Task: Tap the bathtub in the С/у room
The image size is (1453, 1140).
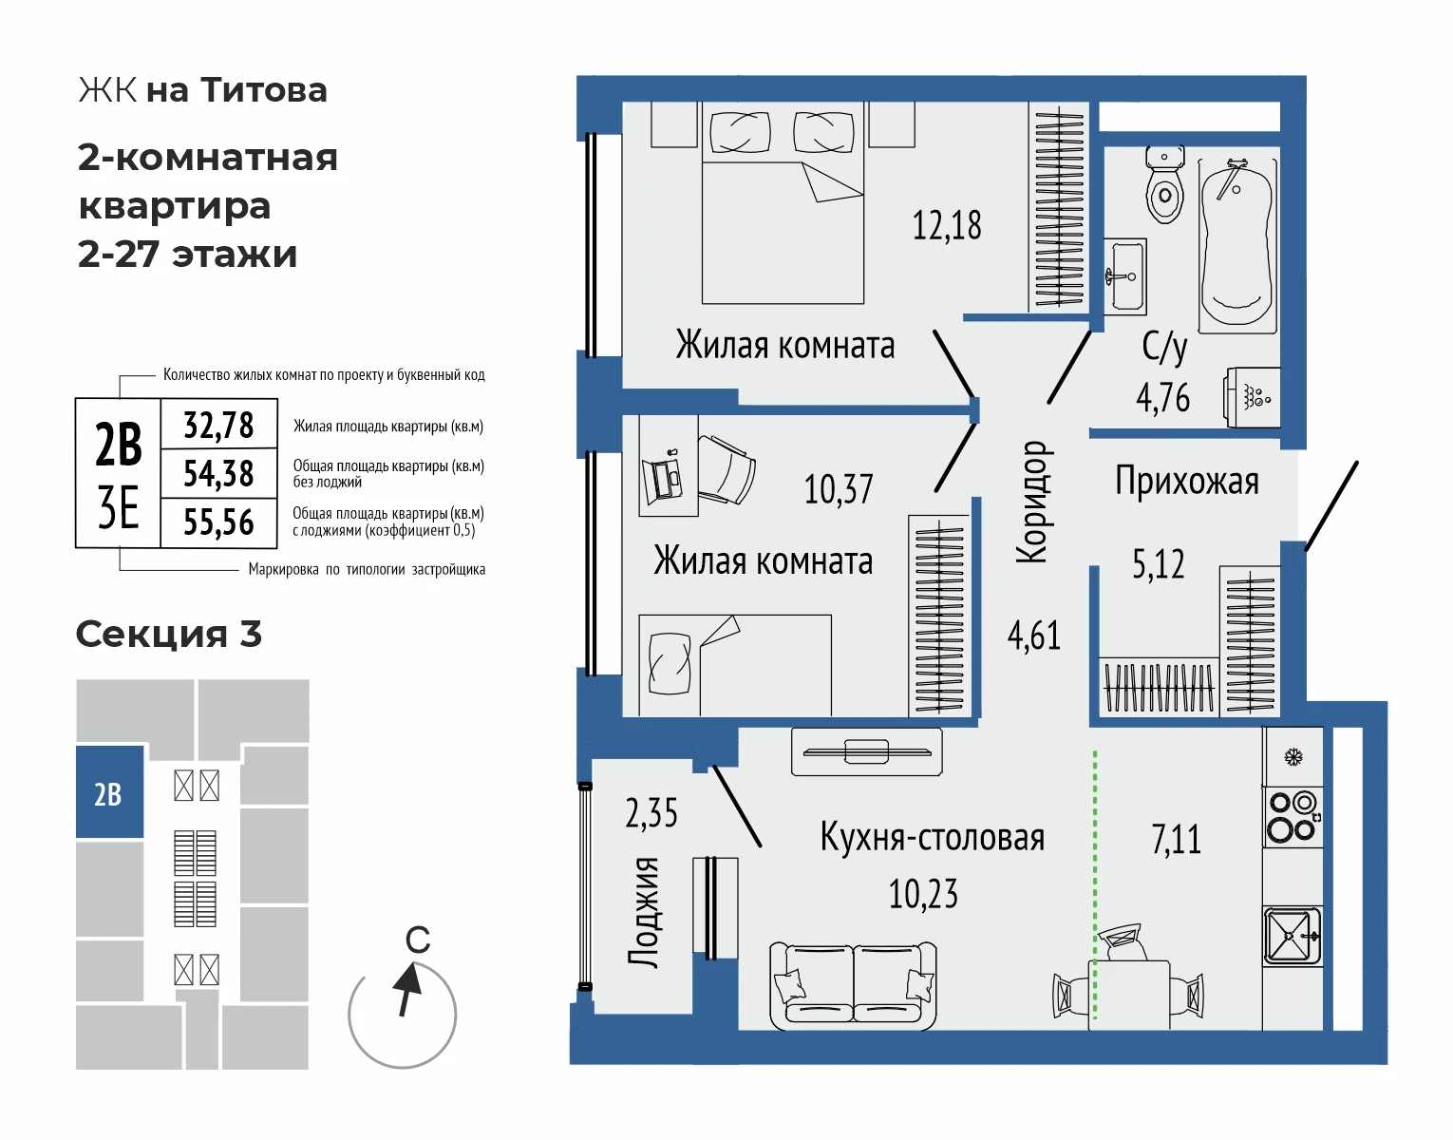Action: click(1237, 245)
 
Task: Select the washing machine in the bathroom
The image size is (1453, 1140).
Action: click(1253, 398)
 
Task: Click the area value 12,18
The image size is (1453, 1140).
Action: click(947, 225)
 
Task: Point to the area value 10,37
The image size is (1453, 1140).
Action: click(839, 489)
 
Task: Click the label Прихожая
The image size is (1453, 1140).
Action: click(1187, 482)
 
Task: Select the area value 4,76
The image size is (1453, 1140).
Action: click(1162, 398)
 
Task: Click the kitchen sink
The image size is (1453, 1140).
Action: click(1293, 936)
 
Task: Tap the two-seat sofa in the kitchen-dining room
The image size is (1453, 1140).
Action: click(853, 985)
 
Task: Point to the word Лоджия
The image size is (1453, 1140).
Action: click(644, 912)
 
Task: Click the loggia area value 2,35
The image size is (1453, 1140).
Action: click(651, 813)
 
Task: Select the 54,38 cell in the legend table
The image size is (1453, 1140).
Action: click(218, 473)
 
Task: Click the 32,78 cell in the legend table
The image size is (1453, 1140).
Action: click(218, 425)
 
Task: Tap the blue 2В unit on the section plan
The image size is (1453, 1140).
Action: click(109, 792)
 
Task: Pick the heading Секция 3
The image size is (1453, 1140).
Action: click(168, 634)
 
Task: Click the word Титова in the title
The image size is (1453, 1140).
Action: click(264, 90)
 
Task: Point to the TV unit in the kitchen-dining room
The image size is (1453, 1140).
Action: click(867, 751)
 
